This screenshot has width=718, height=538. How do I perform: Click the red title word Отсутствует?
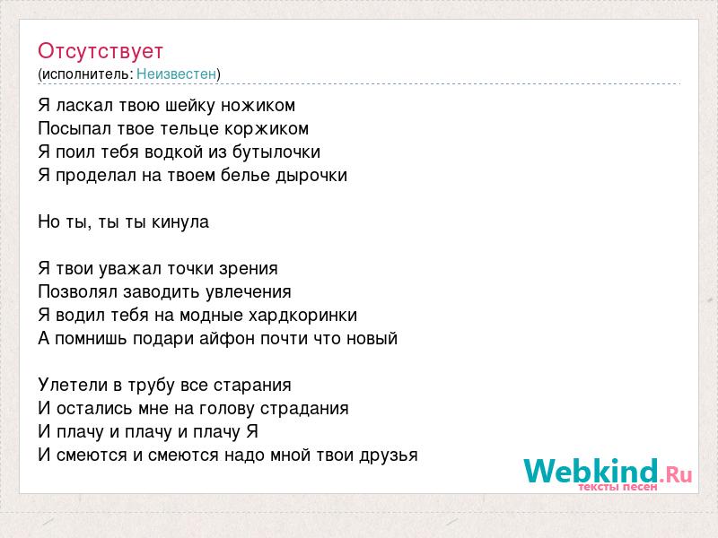(x=101, y=51)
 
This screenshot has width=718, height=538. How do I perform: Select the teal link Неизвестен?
(x=176, y=74)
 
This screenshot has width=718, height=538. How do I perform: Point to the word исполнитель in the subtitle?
(x=87, y=74)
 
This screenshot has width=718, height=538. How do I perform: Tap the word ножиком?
(x=258, y=106)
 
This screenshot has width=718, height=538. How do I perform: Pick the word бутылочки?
(x=276, y=152)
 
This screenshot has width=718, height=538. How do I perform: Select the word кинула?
(x=180, y=222)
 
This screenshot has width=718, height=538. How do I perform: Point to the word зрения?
(x=249, y=269)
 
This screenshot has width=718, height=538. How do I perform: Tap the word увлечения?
(x=249, y=292)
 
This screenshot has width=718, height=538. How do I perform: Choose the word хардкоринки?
(x=302, y=316)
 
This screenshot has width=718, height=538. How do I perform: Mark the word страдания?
(x=304, y=409)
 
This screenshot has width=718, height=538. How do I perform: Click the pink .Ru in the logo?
(x=676, y=474)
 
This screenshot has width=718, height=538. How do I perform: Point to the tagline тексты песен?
(x=617, y=487)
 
